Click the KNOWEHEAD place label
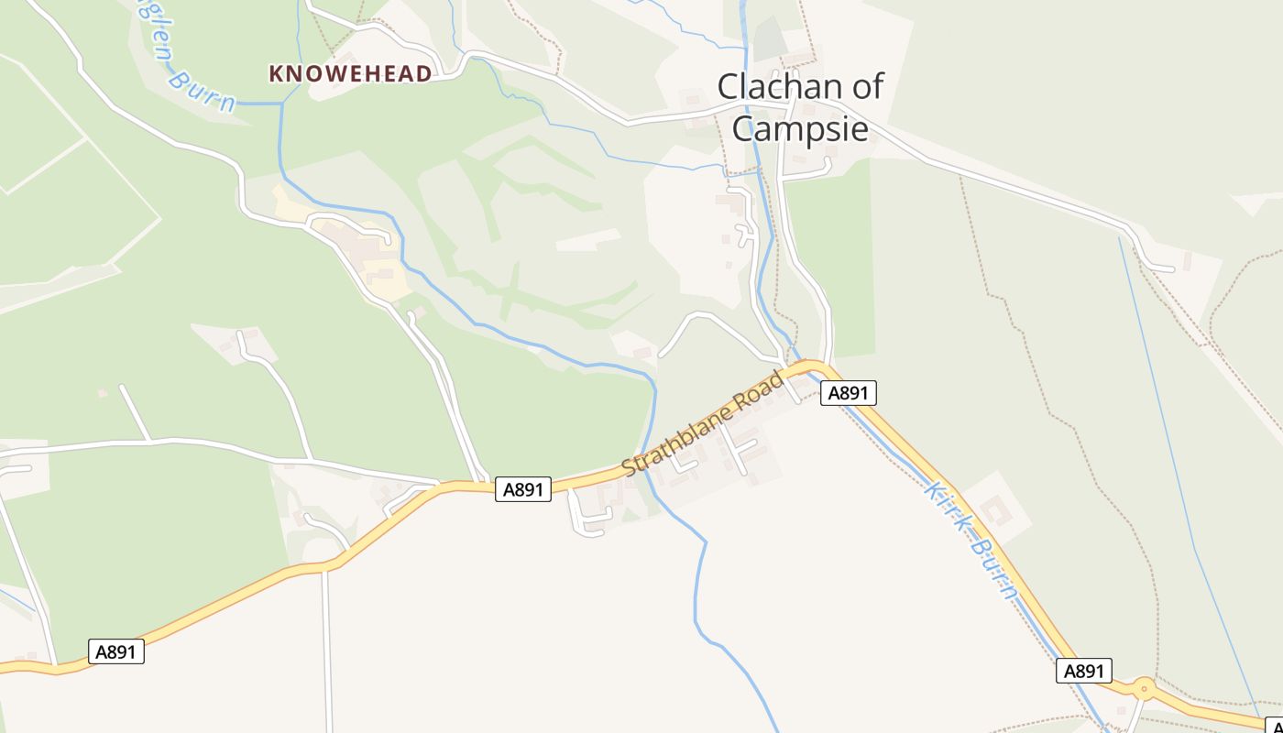pyautogui.click(x=350, y=74)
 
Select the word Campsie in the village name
pyautogui.click(x=800, y=128)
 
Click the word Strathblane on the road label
pyautogui.click(x=680, y=438)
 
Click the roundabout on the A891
pyautogui.click(x=1143, y=689)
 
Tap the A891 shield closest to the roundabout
pyautogui.click(x=1083, y=671)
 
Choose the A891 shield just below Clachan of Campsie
pyautogui.click(x=848, y=393)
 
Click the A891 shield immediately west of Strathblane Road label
pyautogui.click(x=523, y=489)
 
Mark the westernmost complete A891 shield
pyautogui.click(x=116, y=651)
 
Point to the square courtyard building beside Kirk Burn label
pyautogui.click(x=996, y=508)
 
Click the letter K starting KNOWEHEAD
pyautogui.click(x=276, y=74)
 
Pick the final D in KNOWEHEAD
pyautogui.click(x=424, y=74)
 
